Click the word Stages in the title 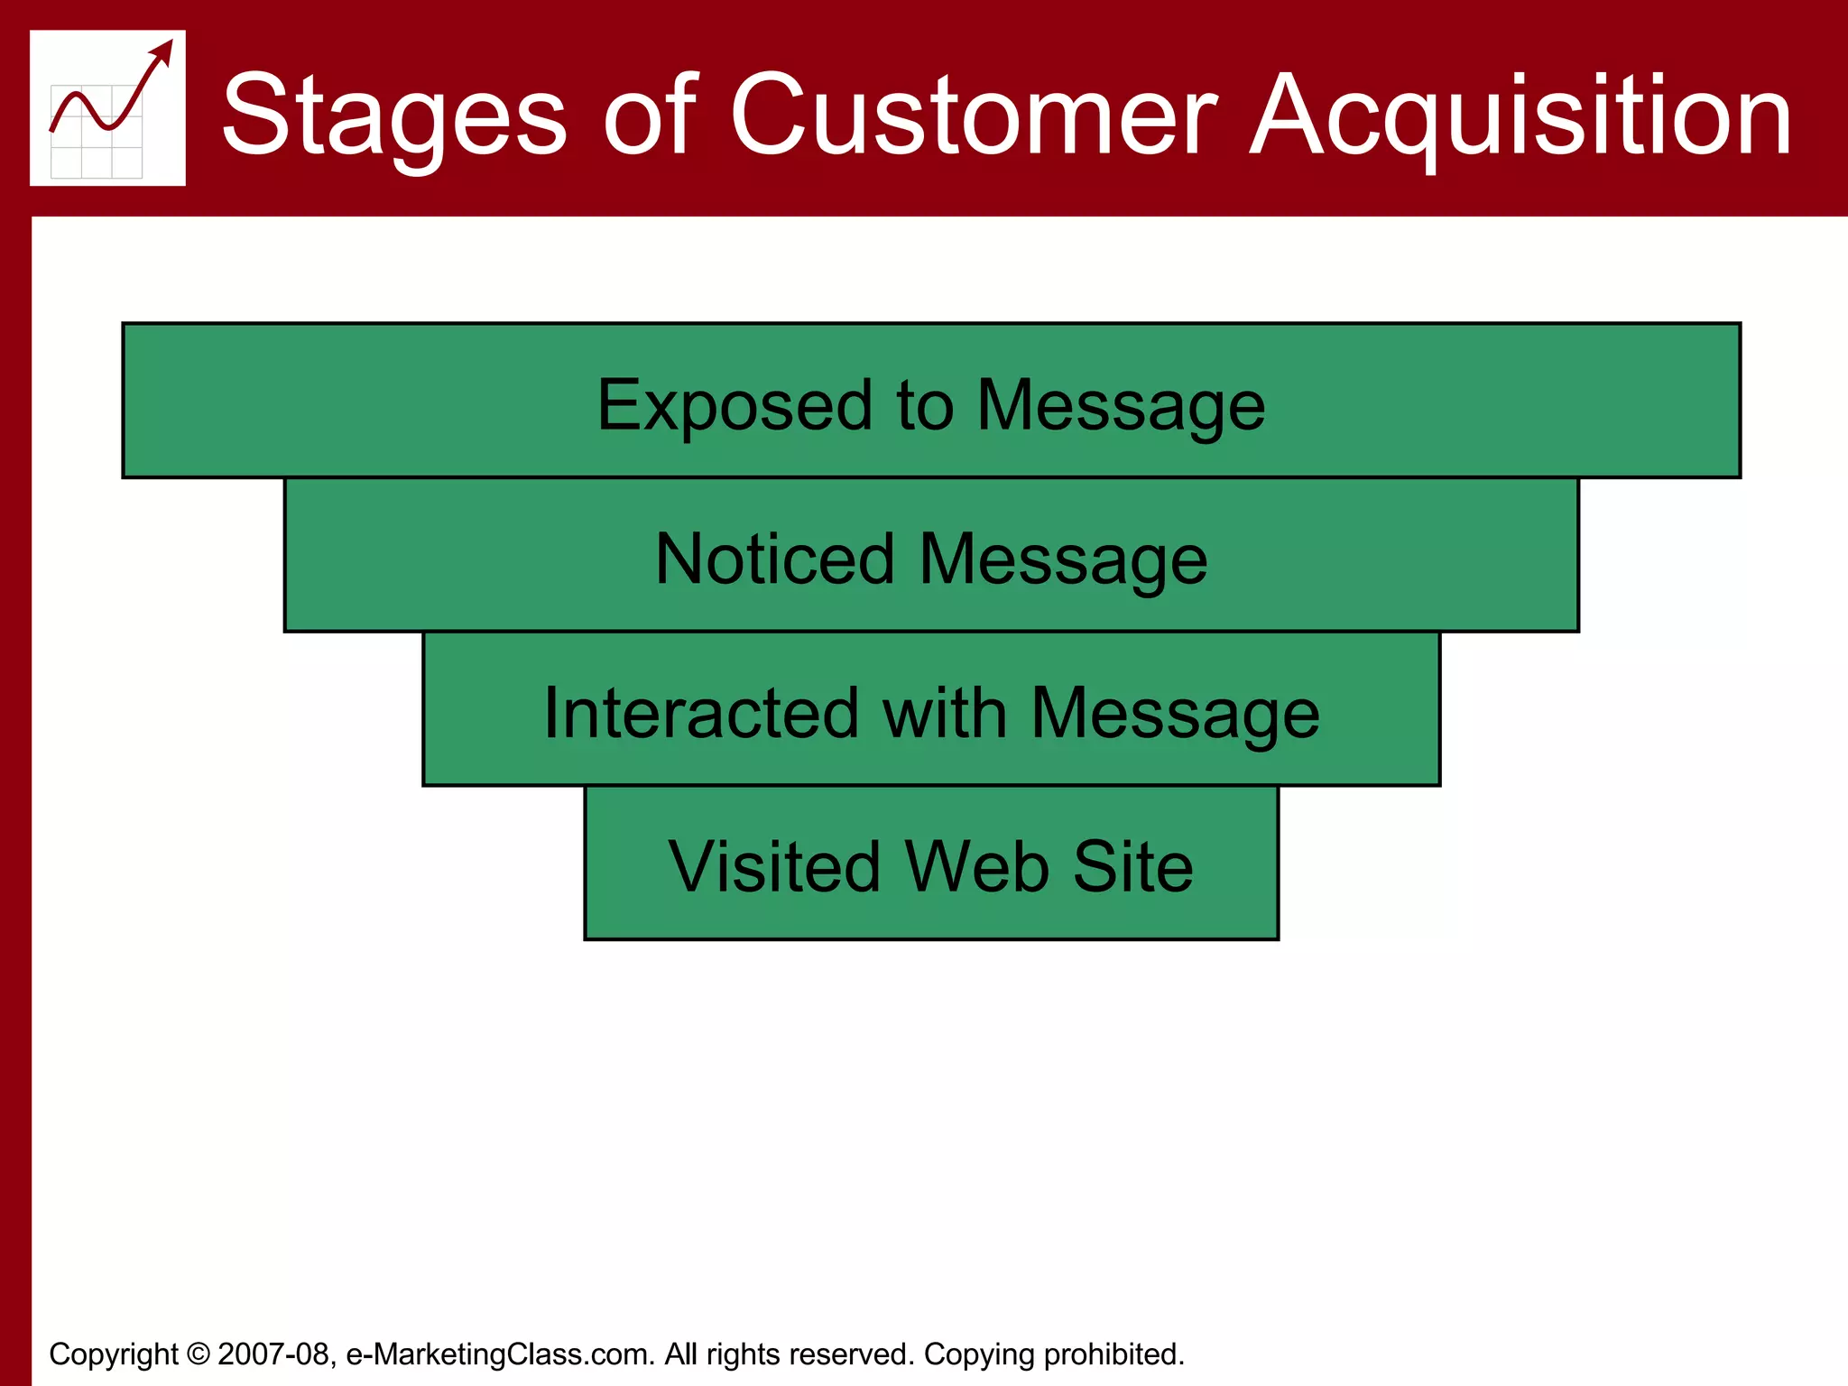click(394, 115)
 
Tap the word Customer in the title click(973, 115)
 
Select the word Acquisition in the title click(1521, 115)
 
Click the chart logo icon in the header click(107, 108)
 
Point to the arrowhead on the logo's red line click(163, 51)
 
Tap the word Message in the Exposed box click(1121, 405)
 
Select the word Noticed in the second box click(774, 559)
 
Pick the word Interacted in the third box click(701, 714)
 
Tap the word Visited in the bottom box click(773, 867)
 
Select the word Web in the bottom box click(976, 867)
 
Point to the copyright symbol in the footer click(198, 1354)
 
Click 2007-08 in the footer click(273, 1354)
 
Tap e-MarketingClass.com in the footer click(500, 1354)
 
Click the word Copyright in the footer click(114, 1354)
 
